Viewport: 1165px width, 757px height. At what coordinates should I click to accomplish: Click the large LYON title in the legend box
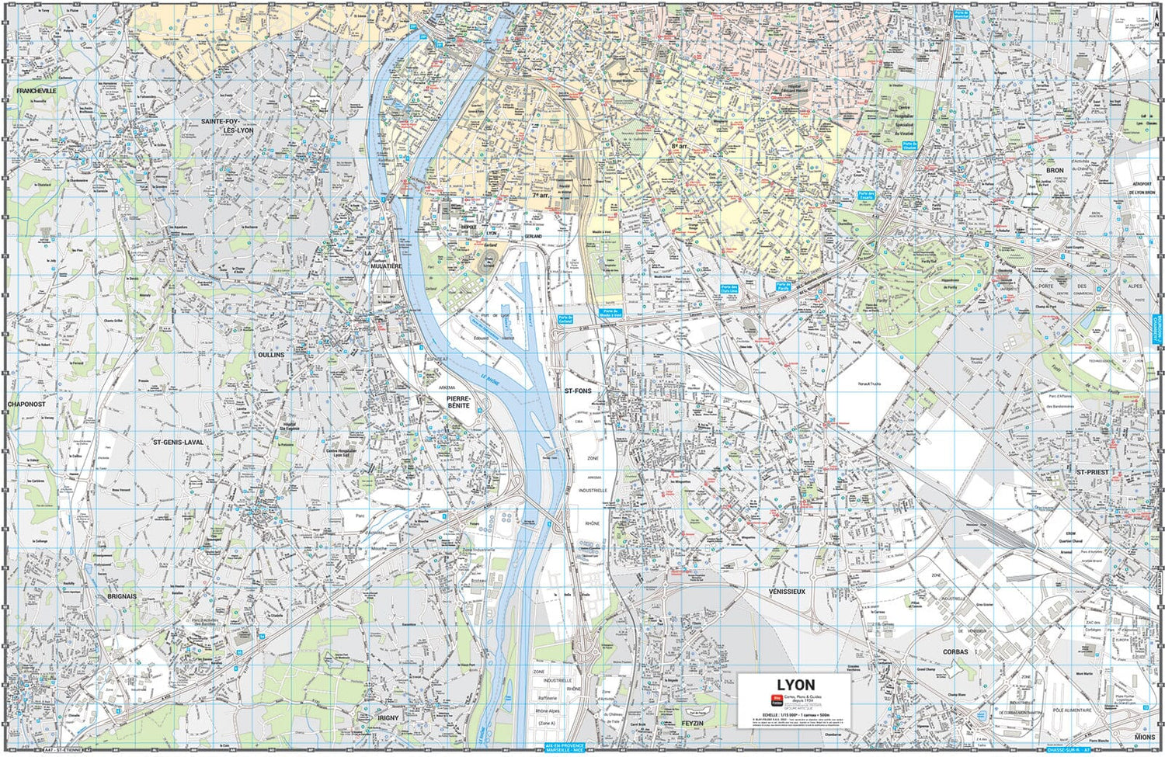(x=795, y=685)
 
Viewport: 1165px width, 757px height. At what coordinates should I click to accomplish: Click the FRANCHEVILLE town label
(x=37, y=91)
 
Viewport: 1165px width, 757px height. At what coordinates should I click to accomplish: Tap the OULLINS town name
(x=271, y=355)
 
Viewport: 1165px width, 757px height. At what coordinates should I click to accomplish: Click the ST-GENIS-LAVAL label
(x=178, y=443)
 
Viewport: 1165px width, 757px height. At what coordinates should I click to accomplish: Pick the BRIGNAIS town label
(x=122, y=596)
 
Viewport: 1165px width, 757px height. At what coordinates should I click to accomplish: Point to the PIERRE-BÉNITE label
(x=457, y=401)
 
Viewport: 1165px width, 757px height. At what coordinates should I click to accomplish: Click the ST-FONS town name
(x=578, y=391)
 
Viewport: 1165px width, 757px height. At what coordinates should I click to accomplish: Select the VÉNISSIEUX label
(x=787, y=592)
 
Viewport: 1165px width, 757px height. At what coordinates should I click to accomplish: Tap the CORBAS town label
(x=955, y=651)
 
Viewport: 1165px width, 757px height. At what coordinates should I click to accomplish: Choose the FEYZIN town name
(x=691, y=723)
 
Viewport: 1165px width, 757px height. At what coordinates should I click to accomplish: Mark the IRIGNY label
(x=388, y=718)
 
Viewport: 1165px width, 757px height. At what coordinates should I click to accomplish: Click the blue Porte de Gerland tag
(x=565, y=319)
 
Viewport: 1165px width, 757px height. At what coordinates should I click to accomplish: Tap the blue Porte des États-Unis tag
(x=729, y=288)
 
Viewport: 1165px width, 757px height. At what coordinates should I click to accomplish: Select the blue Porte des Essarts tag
(x=866, y=196)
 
